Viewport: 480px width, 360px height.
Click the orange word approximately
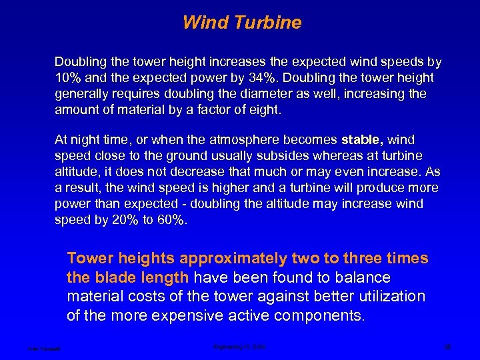(x=235, y=259)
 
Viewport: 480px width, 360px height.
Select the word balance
(x=366, y=277)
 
